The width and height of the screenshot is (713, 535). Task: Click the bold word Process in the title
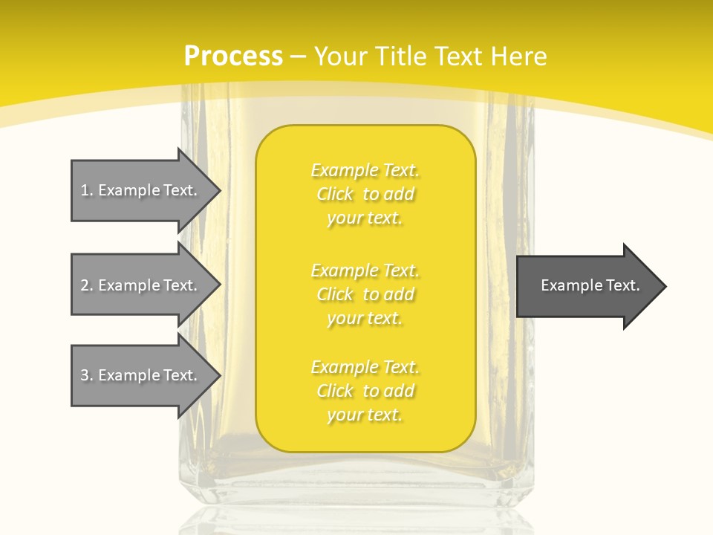(233, 56)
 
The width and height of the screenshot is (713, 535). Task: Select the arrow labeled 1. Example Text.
(139, 190)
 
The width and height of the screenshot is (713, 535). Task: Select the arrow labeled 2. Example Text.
(139, 285)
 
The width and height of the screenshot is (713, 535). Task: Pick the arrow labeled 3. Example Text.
(139, 375)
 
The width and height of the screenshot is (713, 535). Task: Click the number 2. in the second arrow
(87, 285)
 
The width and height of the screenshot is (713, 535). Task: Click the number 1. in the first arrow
(87, 190)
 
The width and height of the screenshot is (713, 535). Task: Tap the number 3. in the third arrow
(87, 375)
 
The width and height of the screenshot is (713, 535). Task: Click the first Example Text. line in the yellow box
(365, 170)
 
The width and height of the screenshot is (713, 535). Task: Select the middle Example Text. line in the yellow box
(365, 270)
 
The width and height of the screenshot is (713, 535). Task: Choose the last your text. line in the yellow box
(365, 415)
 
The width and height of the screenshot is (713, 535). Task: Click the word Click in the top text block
(335, 194)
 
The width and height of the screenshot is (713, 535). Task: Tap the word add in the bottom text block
(400, 391)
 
